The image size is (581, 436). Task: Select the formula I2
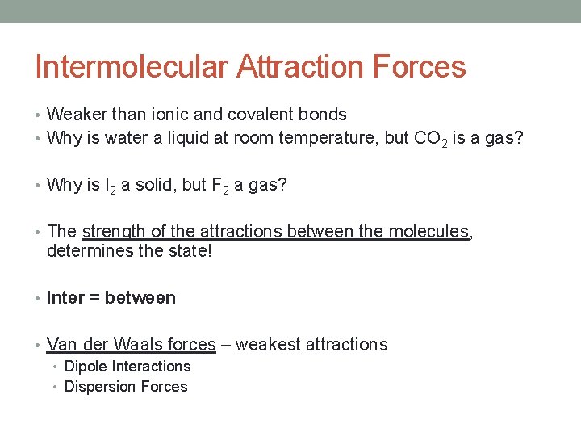[109, 186]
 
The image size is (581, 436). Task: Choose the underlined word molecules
[428, 233]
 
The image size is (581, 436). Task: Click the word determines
[90, 251]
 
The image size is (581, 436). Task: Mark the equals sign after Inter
[94, 299]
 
